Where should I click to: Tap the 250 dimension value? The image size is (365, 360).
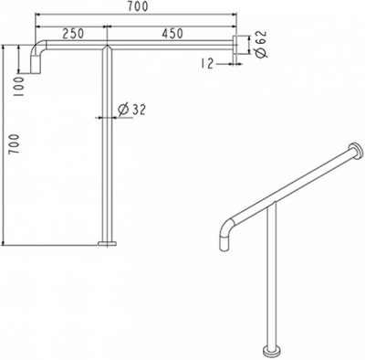click(76, 33)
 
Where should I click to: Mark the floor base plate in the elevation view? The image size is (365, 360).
click(108, 243)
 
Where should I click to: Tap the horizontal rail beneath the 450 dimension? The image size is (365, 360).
click(173, 48)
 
